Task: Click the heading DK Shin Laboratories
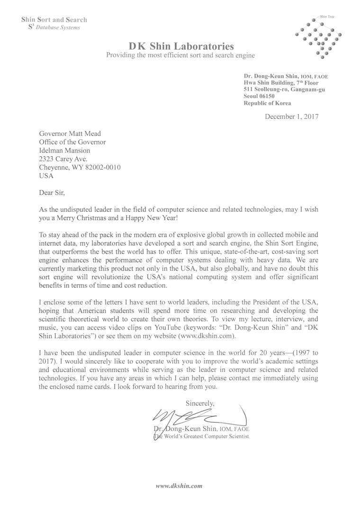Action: pyautogui.click(x=181, y=46)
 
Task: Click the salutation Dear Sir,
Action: pyautogui.click(x=51, y=192)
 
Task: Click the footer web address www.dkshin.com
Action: pyautogui.click(x=180, y=486)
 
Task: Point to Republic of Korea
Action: pyautogui.click(x=267, y=103)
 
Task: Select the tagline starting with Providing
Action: pyautogui.click(x=180, y=55)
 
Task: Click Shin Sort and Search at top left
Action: pyautogui.click(x=54, y=20)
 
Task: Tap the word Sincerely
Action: pyautogui.click(x=199, y=404)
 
